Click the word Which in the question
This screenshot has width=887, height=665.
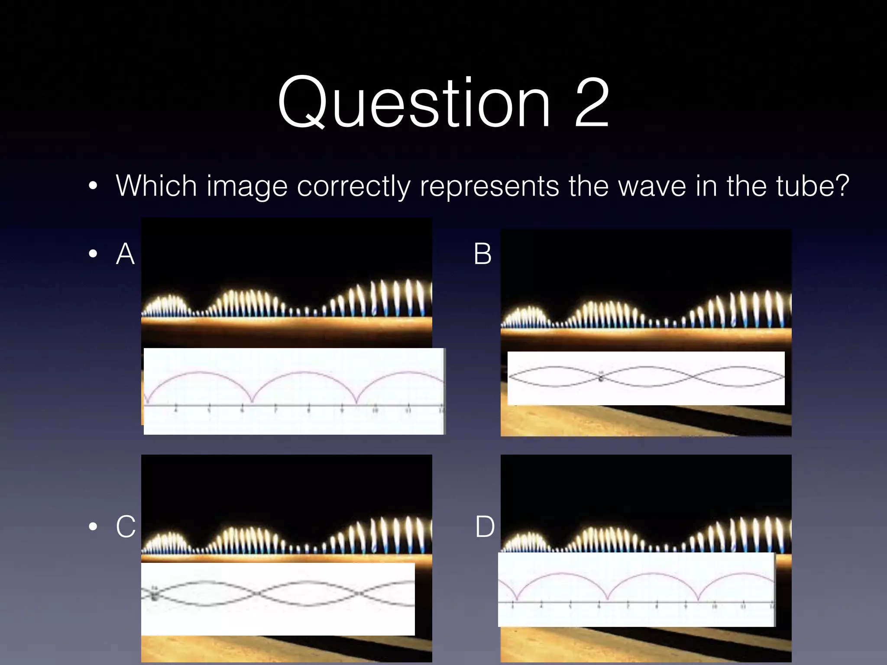click(x=157, y=186)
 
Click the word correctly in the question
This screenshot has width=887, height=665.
click(x=353, y=186)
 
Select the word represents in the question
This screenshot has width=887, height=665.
click(x=489, y=186)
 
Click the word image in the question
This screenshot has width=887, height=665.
click(x=247, y=186)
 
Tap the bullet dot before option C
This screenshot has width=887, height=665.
click(x=93, y=526)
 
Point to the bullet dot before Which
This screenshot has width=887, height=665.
click(x=93, y=186)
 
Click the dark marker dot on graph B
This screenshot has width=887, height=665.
click(x=601, y=379)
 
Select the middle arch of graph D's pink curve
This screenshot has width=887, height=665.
click(x=653, y=574)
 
